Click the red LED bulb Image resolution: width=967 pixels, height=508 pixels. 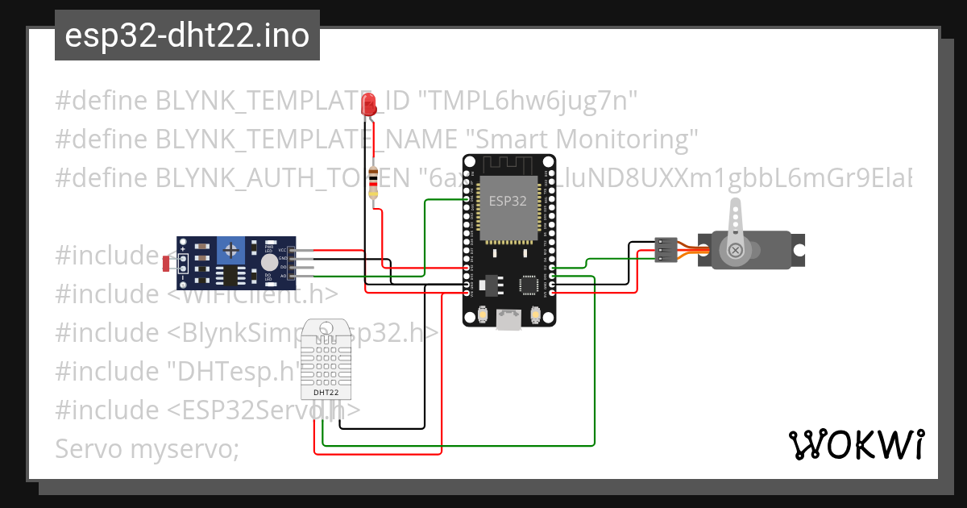370,103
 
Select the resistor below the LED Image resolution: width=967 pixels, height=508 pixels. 373,183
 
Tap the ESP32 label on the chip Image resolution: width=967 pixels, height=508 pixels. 508,202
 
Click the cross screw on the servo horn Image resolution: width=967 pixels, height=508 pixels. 735,251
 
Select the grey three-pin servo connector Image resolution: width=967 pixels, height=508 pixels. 666,250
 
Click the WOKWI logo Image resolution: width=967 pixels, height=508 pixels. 856,444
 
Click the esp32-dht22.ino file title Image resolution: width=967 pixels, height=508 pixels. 187,36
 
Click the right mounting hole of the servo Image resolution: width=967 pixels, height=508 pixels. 799,250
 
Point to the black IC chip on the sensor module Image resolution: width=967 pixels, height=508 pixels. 232,276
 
